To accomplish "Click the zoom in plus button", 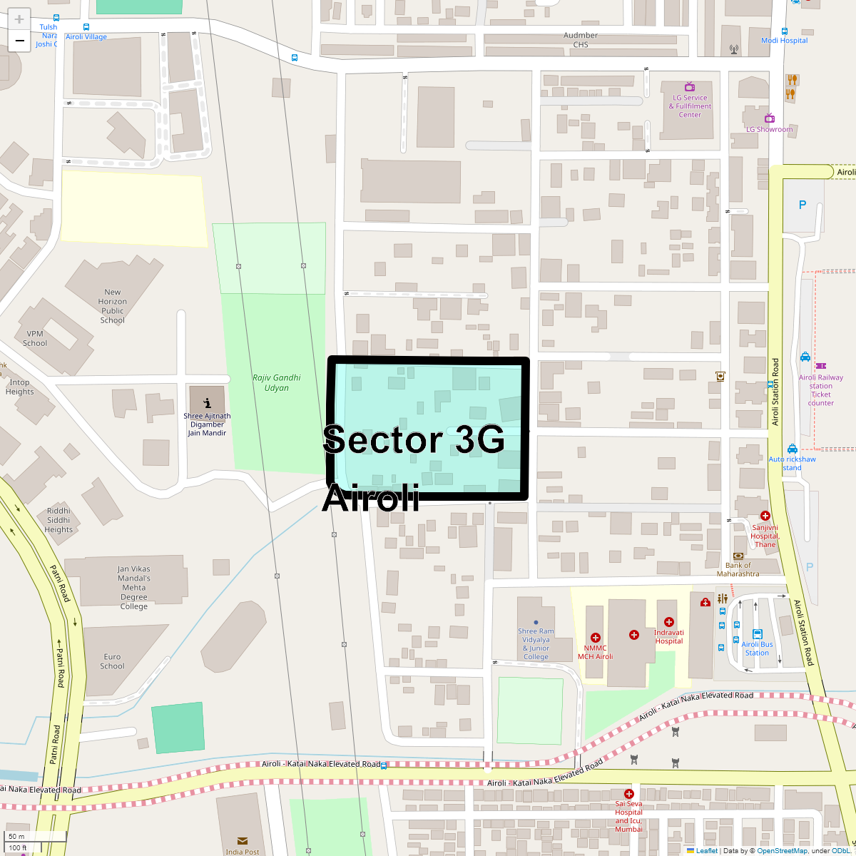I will coord(19,19).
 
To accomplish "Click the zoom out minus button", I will coord(19,41).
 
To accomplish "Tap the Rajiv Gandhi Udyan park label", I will coord(277,383).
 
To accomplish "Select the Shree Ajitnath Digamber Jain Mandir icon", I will coord(207,403).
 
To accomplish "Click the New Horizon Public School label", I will coord(113,306).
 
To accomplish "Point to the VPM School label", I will coord(35,338).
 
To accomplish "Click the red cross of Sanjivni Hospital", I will coord(765,516).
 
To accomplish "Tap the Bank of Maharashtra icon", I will coord(738,556).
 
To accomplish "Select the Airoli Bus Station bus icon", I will coord(758,633).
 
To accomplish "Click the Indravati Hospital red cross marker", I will coord(669,622).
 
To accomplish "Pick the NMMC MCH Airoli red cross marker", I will coord(596,638).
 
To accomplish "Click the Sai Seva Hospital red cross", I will coord(628,794).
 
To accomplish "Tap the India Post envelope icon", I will coord(243,841).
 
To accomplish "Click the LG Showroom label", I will coord(770,129).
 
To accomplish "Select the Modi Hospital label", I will coord(785,41).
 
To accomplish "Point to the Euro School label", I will coord(113,661).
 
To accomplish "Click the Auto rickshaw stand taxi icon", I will coord(793,449).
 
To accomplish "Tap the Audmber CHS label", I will coord(581,40).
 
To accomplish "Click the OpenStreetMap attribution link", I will coord(782,850).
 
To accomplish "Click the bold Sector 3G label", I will coord(414,439).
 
